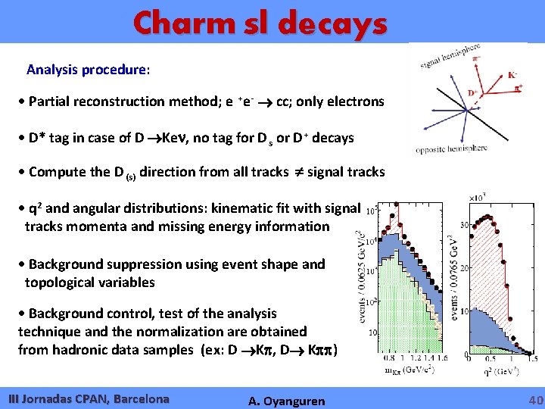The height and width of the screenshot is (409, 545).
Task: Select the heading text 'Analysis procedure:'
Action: [x=88, y=70]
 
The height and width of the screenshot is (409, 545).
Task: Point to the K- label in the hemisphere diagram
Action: [x=512, y=76]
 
